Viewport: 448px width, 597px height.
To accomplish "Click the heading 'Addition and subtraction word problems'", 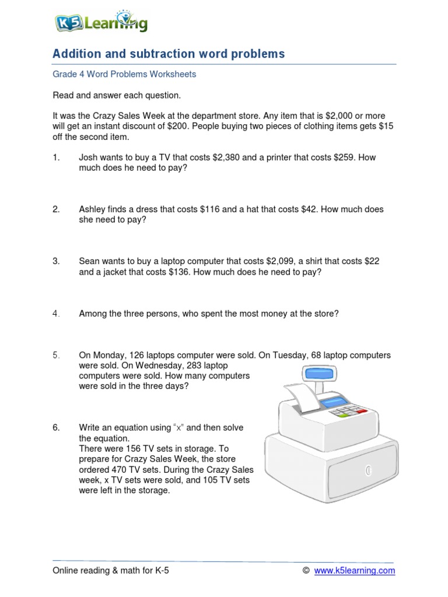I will point(169,54).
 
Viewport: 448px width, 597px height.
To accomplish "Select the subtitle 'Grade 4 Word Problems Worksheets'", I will point(124,74).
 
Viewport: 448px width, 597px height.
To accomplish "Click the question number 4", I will point(56,314).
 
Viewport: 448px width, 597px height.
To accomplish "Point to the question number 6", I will point(56,428).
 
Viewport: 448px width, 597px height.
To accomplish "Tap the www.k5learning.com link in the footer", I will point(355,571).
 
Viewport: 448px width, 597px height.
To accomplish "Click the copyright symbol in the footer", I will point(306,571).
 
